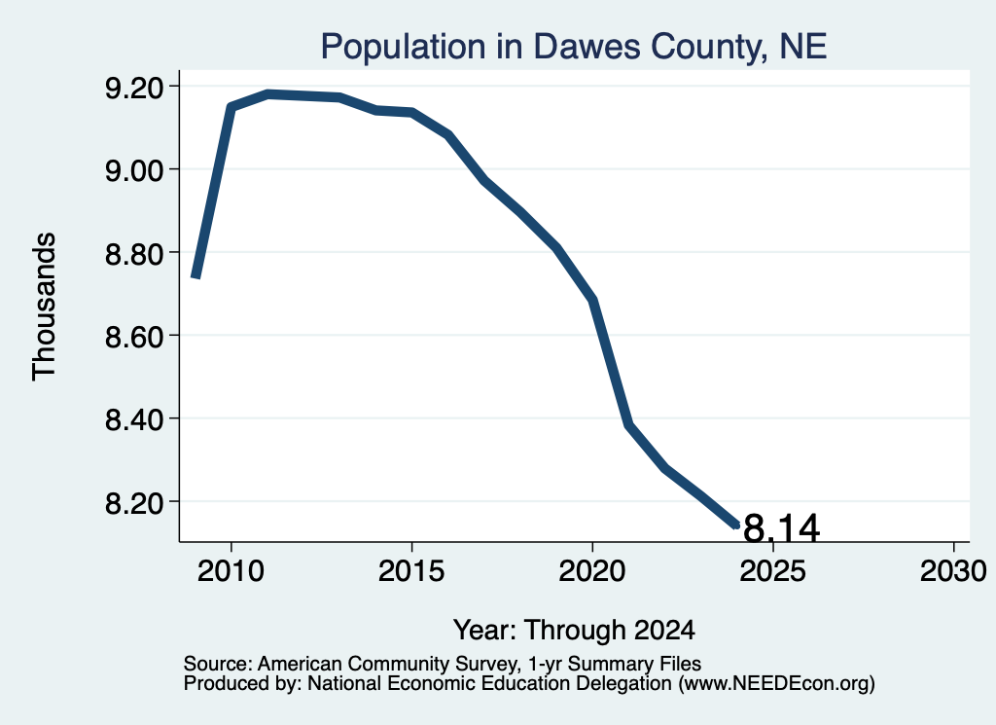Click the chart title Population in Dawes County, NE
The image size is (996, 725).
[x=573, y=47]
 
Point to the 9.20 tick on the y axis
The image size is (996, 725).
[x=133, y=87]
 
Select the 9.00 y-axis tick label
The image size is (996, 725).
[x=133, y=170]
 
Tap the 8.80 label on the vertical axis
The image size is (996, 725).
[x=133, y=254]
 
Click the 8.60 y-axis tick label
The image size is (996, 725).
[x=133, y=336]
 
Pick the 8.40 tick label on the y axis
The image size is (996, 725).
[x=133, y=419]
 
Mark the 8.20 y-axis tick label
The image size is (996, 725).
[x=133, y=502]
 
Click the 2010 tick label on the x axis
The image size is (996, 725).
[x=231, y=571]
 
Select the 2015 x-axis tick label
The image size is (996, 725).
[x=411, y=571]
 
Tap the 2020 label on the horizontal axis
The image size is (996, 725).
[x=592, y=571]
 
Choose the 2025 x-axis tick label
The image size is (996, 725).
[x=773, y=571]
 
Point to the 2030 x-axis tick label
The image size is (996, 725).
[x=953, y=571]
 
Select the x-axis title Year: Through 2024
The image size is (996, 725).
[x=574, y=631]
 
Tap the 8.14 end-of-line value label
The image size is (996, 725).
[x=781, y=528]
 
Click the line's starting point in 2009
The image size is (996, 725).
[x=196, y=277]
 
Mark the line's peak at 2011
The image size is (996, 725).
[x=268, y=94]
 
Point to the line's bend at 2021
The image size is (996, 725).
[x=629, y=424]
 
